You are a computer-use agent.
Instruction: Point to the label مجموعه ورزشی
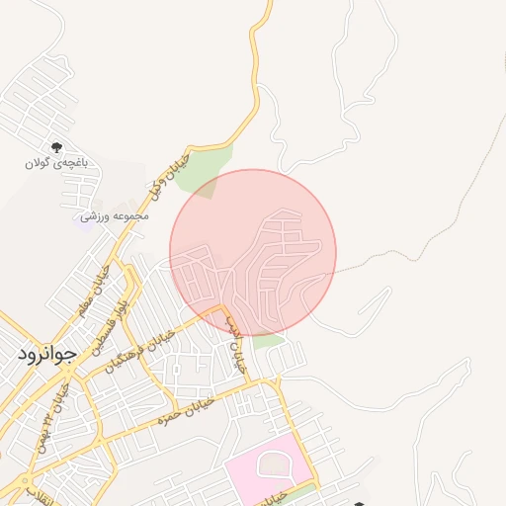(x=117, y=215)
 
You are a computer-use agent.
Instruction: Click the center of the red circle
(x=253, y=253)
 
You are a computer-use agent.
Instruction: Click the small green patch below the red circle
(x=268, y=341)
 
